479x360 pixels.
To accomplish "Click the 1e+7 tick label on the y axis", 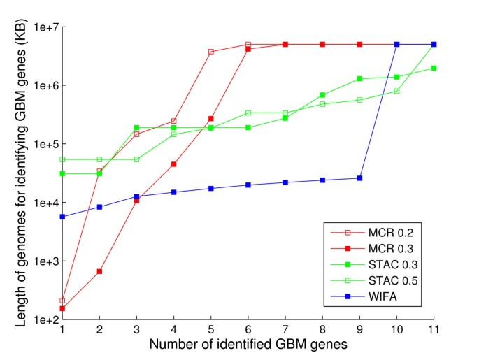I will pyautogui.click(x=44, y=27).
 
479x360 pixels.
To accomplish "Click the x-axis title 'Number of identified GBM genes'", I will pyautogui.click(x=248, y=345).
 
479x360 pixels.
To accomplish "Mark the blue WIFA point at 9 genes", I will pyautogui.click(x=359, y=178).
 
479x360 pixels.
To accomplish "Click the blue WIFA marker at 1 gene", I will pyautogui.click(x=63, y=217).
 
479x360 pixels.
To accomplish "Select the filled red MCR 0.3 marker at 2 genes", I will pyautogui.click(x=100, y=271).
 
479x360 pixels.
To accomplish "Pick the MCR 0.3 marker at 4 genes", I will pyautogui.click(x=174, y=164).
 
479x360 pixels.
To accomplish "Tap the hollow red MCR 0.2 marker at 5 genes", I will pyautogui.click(x=211, y=52).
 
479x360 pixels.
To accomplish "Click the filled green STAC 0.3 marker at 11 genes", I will pyautogui.click(x=434, y=68).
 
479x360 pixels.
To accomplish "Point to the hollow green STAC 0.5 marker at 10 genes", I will pyautogui.click(x=396, y=91).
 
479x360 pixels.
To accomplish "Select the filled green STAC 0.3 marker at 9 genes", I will pyautogui.click(x=359, y=79).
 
